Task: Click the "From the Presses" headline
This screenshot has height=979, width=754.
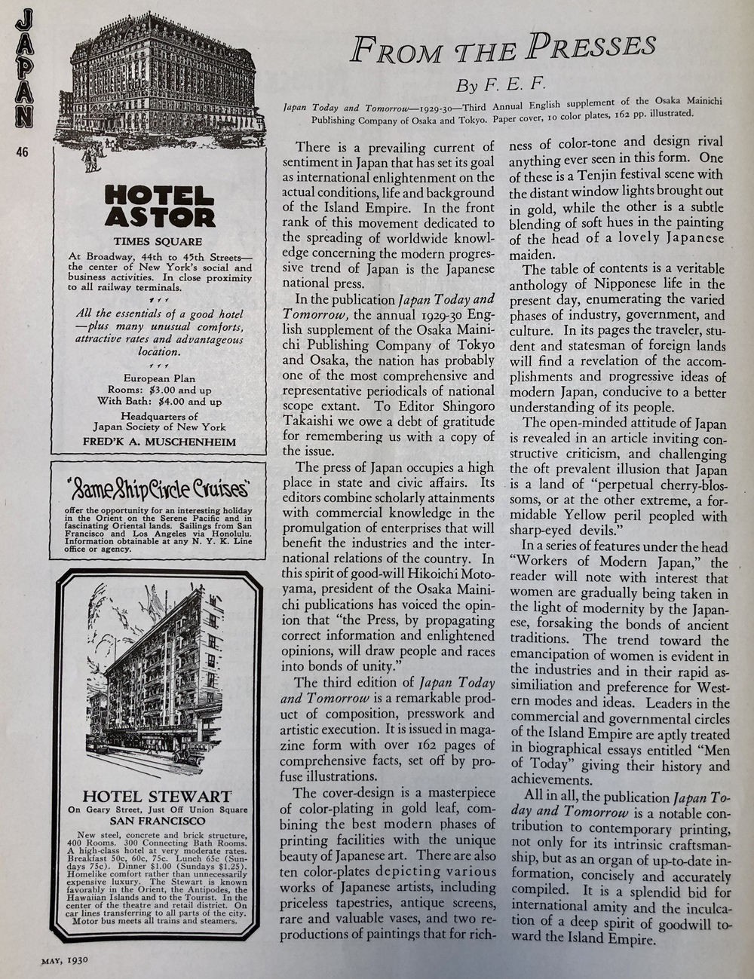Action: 502,48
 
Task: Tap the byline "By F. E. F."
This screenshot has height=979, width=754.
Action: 495,81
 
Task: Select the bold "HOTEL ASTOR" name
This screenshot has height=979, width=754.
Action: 159,207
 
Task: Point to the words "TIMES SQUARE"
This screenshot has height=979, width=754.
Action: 158,242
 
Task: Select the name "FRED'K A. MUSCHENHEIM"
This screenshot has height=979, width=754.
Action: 159,442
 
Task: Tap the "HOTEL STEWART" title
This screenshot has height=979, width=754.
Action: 157,796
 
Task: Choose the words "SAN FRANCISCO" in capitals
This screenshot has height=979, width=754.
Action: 157,821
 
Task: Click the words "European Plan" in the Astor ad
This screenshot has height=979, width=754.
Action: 159,379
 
